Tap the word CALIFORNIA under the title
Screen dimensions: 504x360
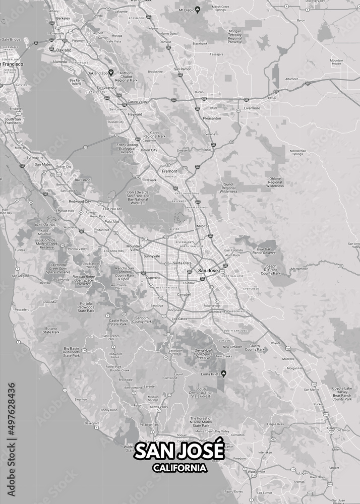(179, 468)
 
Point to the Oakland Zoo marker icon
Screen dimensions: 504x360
(111, 72)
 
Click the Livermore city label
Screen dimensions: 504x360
(252, 108)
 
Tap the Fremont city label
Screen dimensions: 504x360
(169, 171)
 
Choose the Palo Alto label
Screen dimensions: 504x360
(111, 221)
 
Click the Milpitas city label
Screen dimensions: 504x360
(203, 226)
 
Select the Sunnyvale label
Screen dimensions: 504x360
(152, 256)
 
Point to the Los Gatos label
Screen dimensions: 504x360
(179, 319)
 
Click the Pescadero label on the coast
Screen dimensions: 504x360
(22, 309)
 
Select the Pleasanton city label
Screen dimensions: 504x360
(212, 118)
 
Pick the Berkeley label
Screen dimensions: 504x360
(63, 18)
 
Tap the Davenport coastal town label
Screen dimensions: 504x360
(92, 423)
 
